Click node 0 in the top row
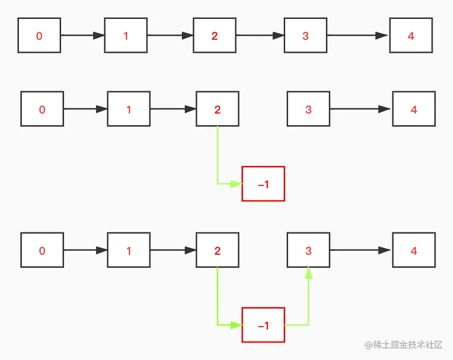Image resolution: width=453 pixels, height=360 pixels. (39, 35)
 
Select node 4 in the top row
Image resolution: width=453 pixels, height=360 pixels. (411, 35)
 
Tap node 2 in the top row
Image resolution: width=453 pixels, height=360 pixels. (214, 35)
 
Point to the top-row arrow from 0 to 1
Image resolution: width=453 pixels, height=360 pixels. (82, 35)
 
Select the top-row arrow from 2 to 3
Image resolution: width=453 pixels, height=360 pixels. (260, 35)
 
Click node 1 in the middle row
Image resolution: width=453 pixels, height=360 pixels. (129, 109)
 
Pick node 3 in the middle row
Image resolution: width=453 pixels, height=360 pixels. (308, 109)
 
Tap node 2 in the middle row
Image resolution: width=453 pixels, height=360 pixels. (217, 109)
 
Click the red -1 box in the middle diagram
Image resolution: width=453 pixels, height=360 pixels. (263, 184)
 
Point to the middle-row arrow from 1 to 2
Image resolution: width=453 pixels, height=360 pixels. (173, 109)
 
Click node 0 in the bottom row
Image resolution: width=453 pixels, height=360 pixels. (42, 250)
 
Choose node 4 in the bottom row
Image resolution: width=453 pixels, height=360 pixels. (414, 250)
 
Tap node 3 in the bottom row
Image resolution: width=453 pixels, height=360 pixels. (308, 250)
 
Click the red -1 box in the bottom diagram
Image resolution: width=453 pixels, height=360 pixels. (263, 325)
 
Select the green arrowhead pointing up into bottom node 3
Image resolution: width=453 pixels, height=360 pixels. (308, 273)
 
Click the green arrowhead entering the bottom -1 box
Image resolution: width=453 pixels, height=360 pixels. (236, 325)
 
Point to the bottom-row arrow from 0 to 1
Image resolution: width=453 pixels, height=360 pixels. (85, 250)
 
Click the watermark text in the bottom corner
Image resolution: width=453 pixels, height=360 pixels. (404, 345)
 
